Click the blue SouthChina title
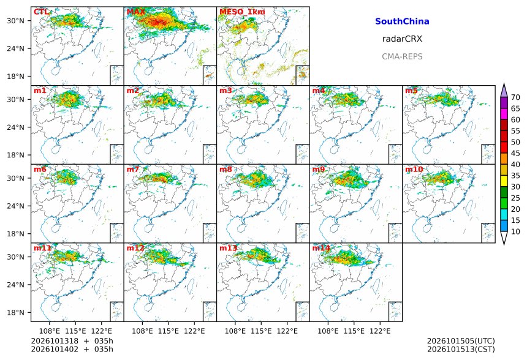402,21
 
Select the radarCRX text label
402,39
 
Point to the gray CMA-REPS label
402,56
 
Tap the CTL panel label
41,12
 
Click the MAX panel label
136,12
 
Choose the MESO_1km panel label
242,12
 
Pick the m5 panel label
411,91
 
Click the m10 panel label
414,169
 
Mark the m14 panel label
321,248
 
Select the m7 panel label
133,169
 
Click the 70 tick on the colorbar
515,97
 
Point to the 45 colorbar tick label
515,154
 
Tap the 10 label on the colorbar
515,231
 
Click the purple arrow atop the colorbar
504,90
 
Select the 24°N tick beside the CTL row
15,49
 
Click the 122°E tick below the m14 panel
381,331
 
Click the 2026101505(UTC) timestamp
461,341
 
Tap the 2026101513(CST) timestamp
461,350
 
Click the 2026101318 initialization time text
55,341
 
